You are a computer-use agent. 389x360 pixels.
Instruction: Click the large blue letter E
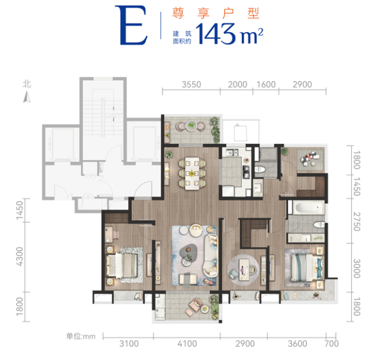point(131,25)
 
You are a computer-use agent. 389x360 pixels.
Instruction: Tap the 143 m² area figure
point(230,34)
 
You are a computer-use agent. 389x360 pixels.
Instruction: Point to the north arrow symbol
point(27,97)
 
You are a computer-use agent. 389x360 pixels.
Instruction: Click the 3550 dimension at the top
point(191,84)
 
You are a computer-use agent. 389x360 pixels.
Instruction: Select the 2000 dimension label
point(237,84)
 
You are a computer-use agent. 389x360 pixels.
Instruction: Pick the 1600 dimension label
point(266,84)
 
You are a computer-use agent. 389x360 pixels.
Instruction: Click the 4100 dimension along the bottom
point(187,344)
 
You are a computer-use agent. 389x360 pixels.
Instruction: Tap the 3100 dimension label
point(129,344)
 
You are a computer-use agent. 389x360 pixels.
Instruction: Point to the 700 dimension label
point(332,344)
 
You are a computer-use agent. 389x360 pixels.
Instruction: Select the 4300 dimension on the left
point(19,257)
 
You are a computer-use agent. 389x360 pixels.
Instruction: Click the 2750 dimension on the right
point(356,221)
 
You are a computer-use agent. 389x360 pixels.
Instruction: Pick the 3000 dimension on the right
point(356,268)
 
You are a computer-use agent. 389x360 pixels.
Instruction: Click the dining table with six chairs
point(192,173)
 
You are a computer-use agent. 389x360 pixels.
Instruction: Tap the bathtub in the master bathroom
point(309,208)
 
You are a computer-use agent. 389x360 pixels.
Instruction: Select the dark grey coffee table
point(188,251)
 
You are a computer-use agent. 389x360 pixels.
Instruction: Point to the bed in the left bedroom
point(121,265)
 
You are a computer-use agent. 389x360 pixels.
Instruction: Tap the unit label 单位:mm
point(81,337)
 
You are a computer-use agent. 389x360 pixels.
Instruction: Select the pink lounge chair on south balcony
point(195,305)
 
